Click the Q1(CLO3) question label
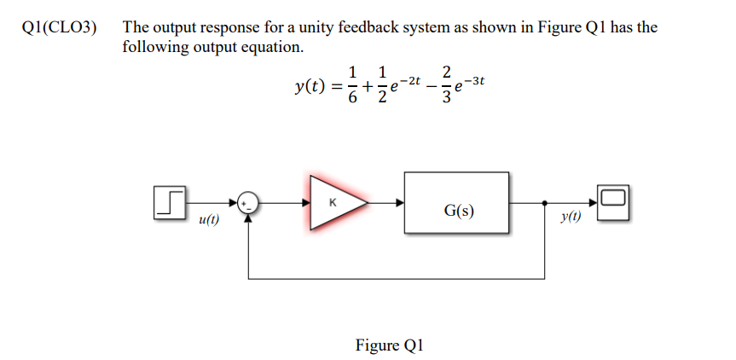pos(57,27)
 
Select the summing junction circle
pos(248,203)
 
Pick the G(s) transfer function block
pos(458,203)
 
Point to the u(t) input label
pos(208,219)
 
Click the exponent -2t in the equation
pos(411,79)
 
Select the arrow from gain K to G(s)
pos(385,203)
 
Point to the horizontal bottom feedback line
pos(397,278)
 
